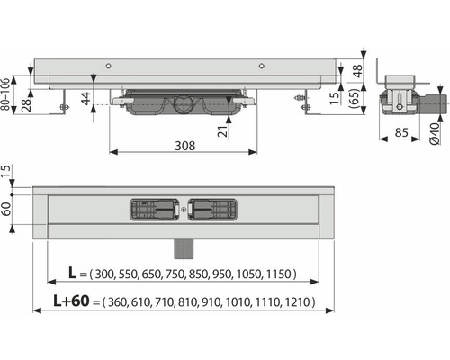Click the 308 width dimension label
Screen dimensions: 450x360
click(x=185, y=146)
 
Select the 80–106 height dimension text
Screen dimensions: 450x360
click(x=5, y=94)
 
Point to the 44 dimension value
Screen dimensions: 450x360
click(x=85, y=98)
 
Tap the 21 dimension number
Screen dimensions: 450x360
click(x=222, y=131)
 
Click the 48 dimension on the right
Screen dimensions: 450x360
click(x=357, y=71)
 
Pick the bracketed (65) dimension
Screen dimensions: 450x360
click(x=355, y=98)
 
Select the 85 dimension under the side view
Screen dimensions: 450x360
click(x=401, y=132)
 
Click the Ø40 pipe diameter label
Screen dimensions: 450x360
click(x=435, y=133)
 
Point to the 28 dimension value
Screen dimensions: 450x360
click(x=26, y=105)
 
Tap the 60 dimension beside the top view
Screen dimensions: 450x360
click(x=6, y=209)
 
